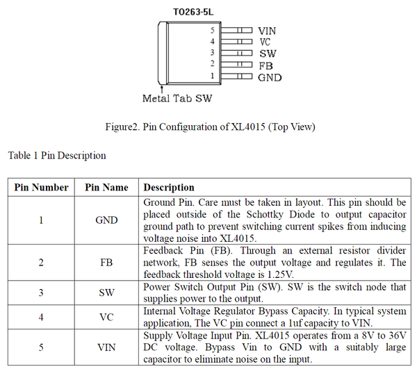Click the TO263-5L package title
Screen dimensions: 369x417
click(195, 12)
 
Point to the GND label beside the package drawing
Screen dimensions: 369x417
click(270, 77)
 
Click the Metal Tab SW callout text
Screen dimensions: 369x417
click(177, 99)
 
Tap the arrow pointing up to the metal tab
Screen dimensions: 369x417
click(161, 88)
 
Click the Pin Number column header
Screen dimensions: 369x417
click(42, 188)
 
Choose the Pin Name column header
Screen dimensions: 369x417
click(106, 188)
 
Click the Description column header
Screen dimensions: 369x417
click(169, 188)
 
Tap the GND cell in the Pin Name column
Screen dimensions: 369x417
click(106, 220)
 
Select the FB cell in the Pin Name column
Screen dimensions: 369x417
click(106, 263)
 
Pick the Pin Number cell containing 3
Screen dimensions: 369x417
click(41, 293)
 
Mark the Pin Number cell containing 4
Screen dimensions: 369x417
click(41, 318)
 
